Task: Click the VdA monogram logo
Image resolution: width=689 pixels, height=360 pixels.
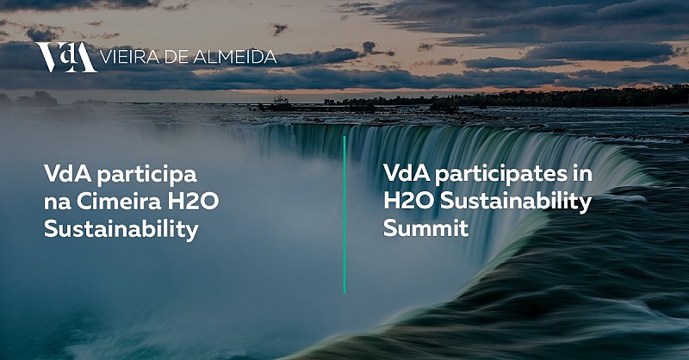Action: [x=66, y=57]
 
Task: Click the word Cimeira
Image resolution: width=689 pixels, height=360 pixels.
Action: [x=119, y=202]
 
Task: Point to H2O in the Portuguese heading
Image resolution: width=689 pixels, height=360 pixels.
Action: [x=193, y=202]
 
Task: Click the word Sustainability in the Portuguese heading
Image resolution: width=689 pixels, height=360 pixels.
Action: [x=121, y=230]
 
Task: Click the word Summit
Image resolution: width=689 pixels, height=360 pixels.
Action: [x=425, y=228]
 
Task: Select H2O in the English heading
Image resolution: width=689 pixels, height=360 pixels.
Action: [x=409, y=201]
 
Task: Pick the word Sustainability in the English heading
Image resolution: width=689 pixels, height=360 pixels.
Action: [x=516, y=202]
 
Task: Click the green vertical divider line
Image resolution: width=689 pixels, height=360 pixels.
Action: [x=344, y=215]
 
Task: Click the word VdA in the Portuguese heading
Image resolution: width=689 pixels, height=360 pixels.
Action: [x=68, y=174]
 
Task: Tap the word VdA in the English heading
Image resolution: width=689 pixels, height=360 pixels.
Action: [x=407, y=173]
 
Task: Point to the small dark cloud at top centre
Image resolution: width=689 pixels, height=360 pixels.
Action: [x=279, y=29]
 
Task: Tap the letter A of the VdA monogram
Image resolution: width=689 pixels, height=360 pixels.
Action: [x=84, y=58]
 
